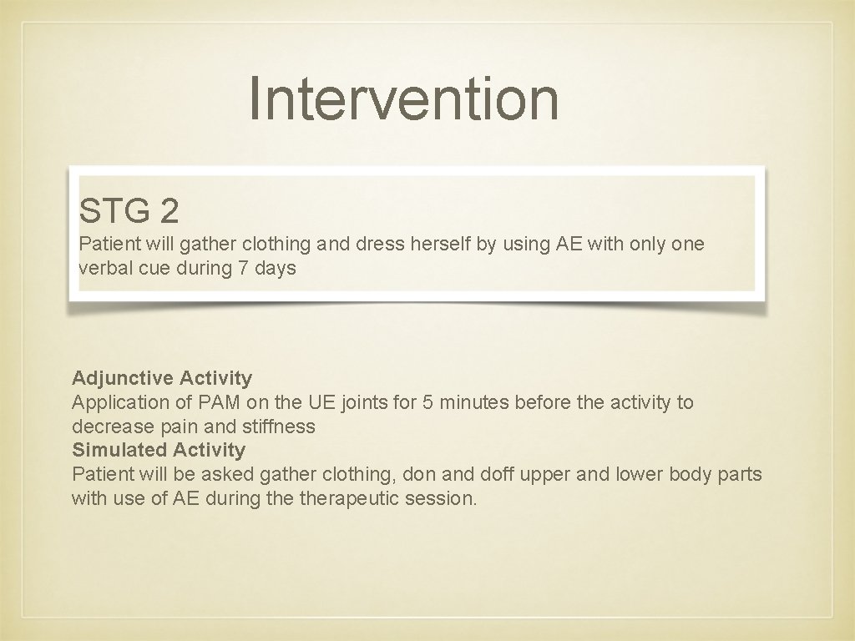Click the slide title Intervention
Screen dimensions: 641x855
(403, 98)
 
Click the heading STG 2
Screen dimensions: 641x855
(129, 212)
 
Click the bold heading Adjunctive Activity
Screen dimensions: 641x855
(162, 378)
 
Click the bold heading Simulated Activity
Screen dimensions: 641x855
(159, 450)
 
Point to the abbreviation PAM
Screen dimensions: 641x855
(220, 402)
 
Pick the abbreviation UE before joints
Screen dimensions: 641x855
(321, 402)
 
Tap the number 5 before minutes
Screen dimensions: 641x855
(427, 402)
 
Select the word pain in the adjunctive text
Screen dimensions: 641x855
(180, 426)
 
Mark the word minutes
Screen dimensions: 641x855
(473, 402)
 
